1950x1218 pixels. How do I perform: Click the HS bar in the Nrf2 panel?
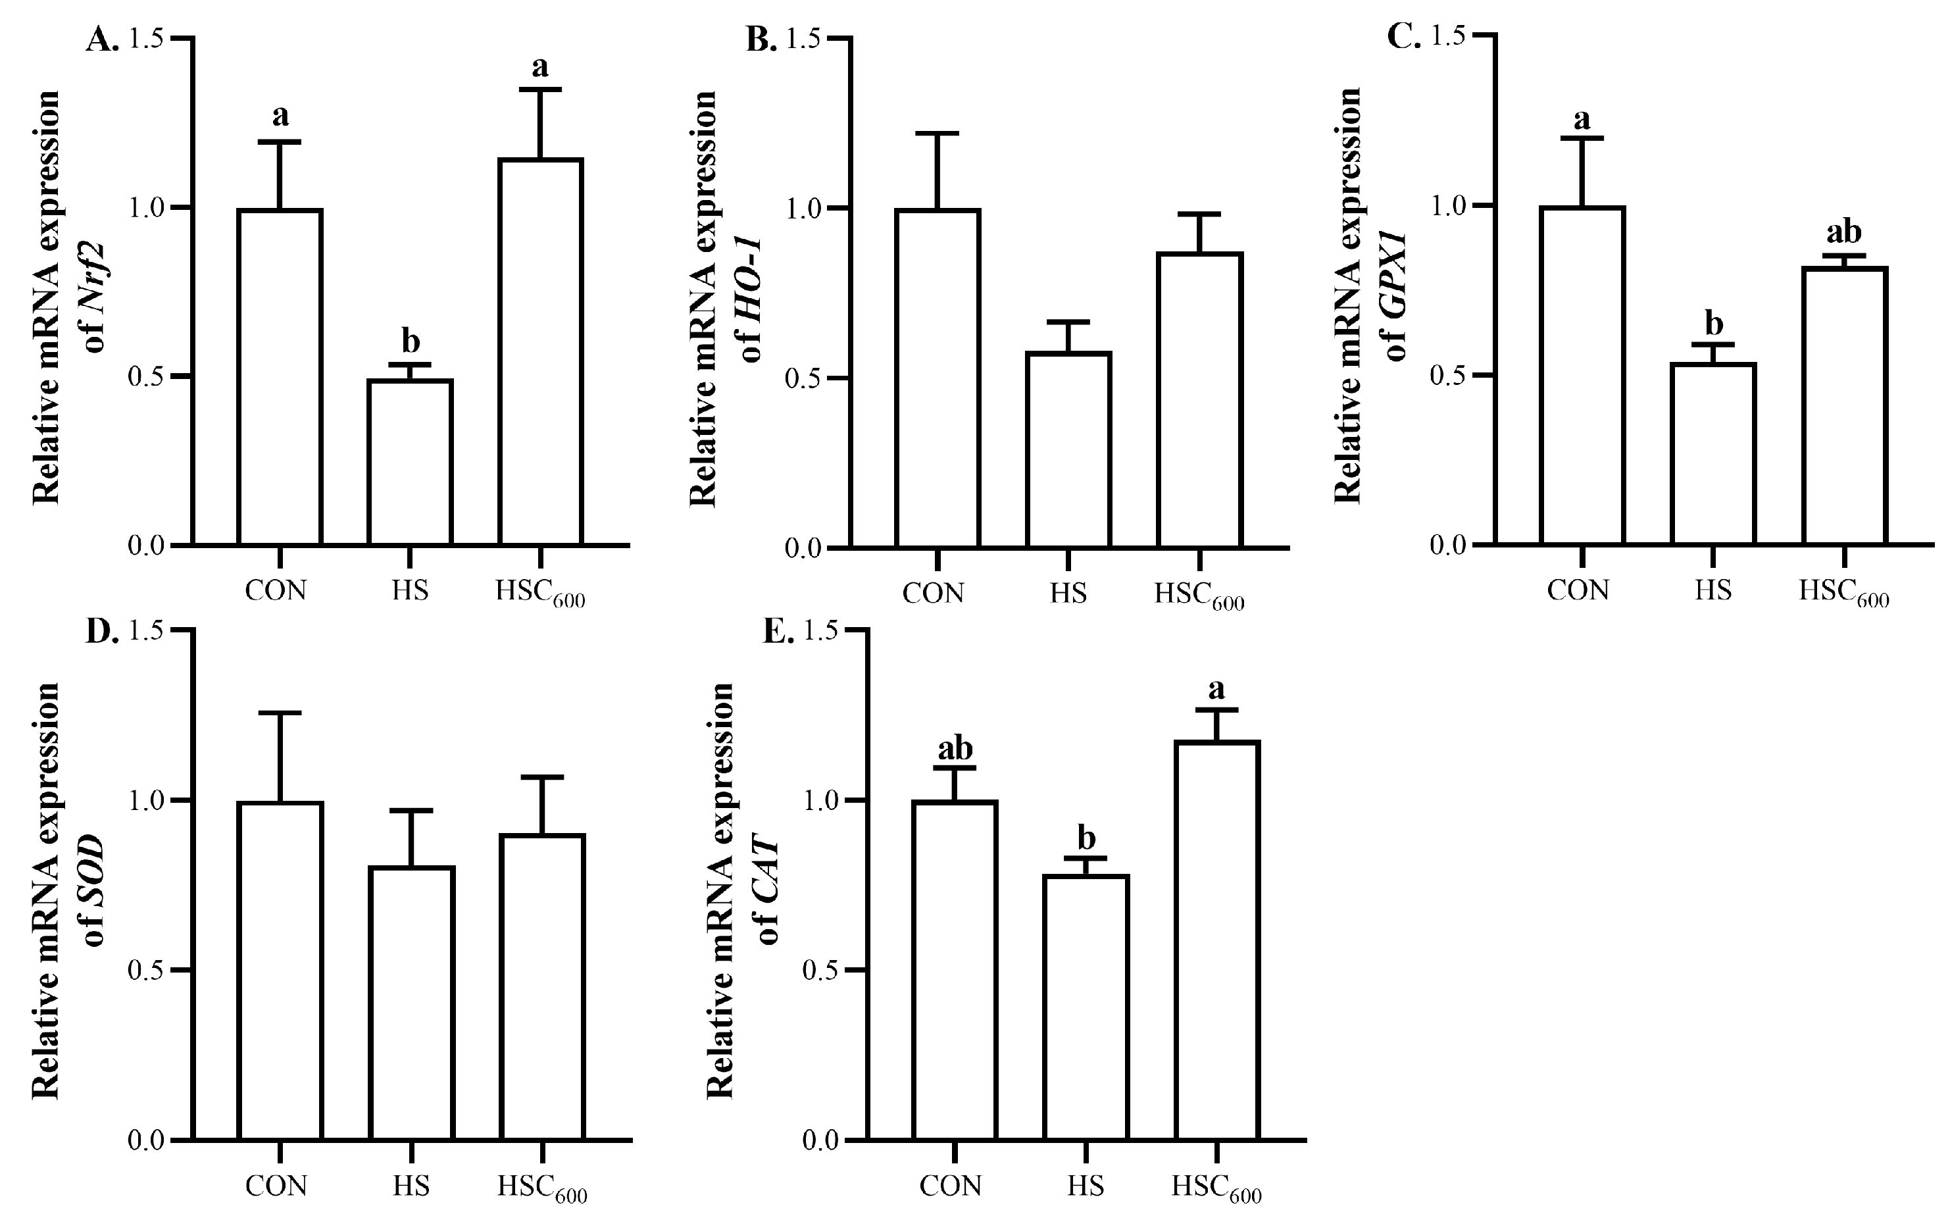pyautogui.click(x=410, y=463)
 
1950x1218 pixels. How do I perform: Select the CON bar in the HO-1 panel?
pyautogui.click(x=938, y=378)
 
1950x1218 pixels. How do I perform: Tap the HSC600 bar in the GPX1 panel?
pyautogui.click(x=1845, y=406)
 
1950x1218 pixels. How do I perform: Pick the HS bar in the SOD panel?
pyautogui.click(x=413, y=1003)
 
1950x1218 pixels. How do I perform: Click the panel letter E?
pyautogui.click(x=778, y=633)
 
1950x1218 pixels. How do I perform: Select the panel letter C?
pyautogui.click(x=1404, y=37)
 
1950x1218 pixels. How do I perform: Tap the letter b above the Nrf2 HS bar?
pyautogui.click(x=411, y=341)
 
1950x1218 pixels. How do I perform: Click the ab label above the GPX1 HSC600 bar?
pyautogui.click(x=1843, y=232)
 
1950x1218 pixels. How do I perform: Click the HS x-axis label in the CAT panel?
pyautogui.click(x=1087, y=1186)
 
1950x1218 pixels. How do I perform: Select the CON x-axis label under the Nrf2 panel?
pyautogui.click(x=276, y=590)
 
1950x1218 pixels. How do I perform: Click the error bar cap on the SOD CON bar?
pyautogui.click(x=280, y=713)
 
